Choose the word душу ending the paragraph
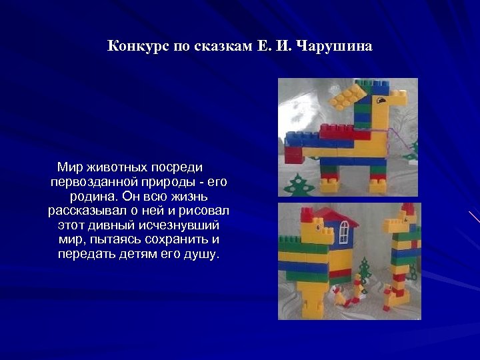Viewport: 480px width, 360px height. (x=203, y=255)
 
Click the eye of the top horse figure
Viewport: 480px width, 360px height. (x=382, y=102)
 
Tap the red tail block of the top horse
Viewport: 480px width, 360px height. (x=294, y=155)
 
